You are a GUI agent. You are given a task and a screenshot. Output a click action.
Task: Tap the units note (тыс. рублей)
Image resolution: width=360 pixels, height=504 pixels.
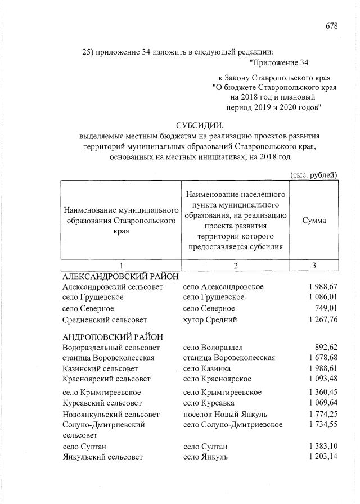coord(313,174)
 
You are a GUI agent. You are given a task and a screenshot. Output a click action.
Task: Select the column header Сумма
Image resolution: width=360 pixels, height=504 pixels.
coord(314,220)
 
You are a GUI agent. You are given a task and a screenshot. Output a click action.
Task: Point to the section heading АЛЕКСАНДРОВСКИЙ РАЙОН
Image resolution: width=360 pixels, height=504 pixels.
coord(120,276)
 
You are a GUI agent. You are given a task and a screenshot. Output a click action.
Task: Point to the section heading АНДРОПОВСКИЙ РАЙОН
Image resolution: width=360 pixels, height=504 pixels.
coord(113,336)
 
